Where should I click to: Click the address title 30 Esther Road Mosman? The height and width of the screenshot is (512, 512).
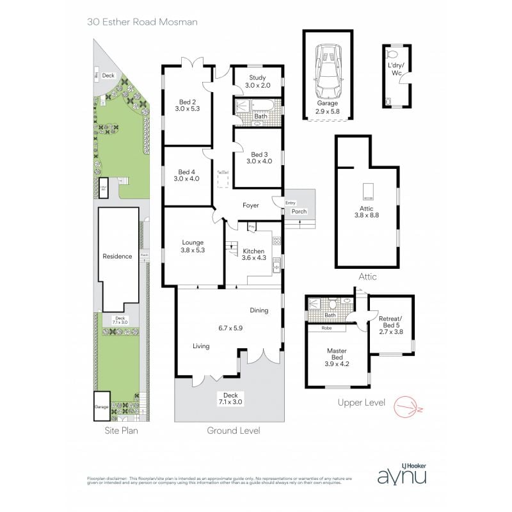click(x=142, y=22)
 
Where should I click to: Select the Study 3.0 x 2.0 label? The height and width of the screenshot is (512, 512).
click(x=257, y=81)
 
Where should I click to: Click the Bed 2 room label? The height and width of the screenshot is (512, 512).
click(x=187, y=104)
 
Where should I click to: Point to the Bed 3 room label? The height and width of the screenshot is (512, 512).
click(x=259, y=157)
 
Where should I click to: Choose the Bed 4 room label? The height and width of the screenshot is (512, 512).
click(x=187, y=175)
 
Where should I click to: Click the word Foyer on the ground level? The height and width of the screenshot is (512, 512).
click(x=250, y=205)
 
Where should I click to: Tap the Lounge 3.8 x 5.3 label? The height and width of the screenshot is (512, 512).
click(x=192, y=246)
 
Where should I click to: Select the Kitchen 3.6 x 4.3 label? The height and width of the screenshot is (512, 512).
click(x=253, y=254)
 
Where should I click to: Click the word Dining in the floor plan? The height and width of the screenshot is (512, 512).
click(x=259, y=310)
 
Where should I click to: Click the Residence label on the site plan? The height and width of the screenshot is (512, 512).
click(x=117, y=256)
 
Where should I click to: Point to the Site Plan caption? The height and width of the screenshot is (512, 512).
click(x=121, y=431)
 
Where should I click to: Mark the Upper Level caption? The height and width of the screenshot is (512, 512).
click(x=361, y=403)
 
